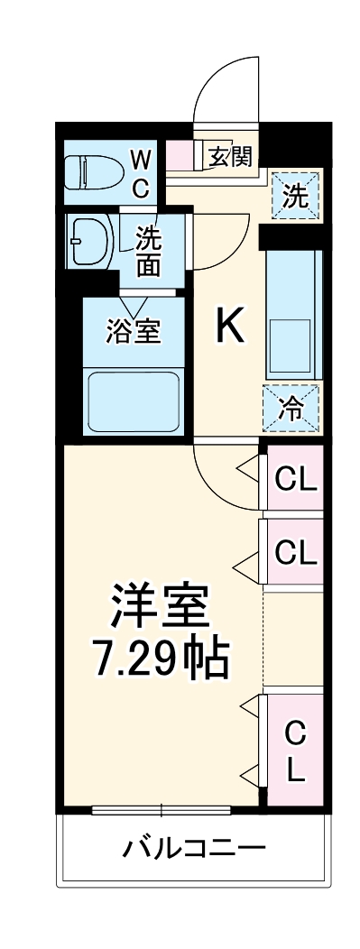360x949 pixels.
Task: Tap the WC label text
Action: coord(142,175)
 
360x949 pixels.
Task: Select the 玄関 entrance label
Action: coord(229,156)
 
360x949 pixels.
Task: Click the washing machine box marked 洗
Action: coord(296,196)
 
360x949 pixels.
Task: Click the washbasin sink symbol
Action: coord(91,241)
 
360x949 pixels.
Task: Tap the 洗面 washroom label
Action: coord(149,253)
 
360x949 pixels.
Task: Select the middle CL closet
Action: coord(295,550)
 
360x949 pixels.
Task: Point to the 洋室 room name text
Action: coord(161,605)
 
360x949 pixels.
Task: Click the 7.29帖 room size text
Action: coord(161,659)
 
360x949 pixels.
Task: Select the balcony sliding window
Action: coord(162,809)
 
